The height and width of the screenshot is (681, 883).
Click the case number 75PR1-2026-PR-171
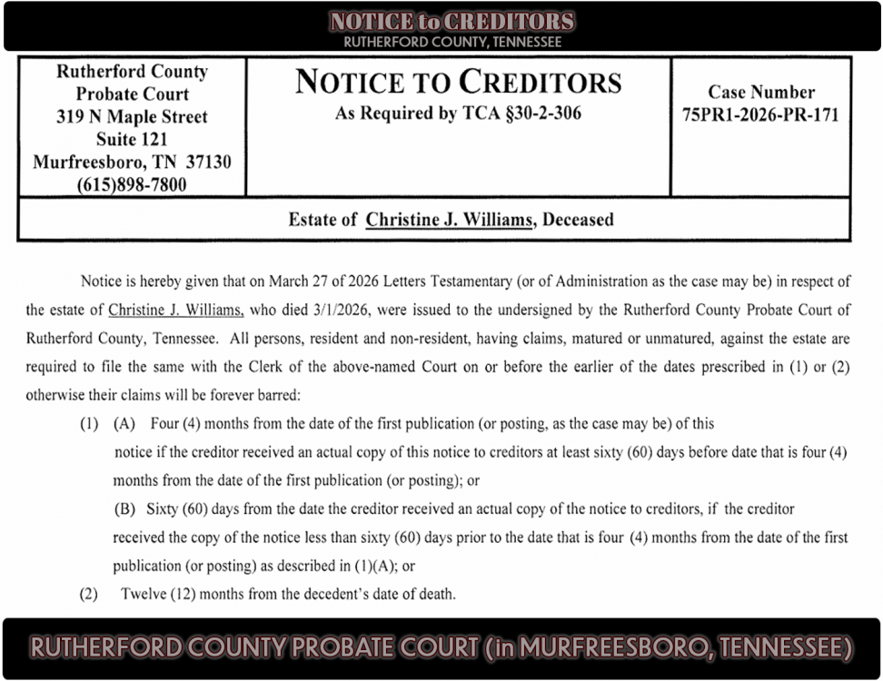pyautogui.click(x=760, y=115)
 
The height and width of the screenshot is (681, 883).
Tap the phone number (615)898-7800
pyautogui.click(x=133, y=185)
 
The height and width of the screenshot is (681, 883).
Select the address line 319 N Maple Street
pyautogui.click(x=133, y=117)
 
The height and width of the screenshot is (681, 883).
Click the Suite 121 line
pyautogui.click(x=133, y=140)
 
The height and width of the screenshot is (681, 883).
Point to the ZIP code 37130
pyautogui.click(x=208, y=163)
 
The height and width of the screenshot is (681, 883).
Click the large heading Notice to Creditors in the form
pyautogui.click(x=459, y=83)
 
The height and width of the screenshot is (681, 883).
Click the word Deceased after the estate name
pyautogui.click(x=578, y=220)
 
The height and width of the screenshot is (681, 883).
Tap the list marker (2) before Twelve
pyautogui.click(x=88, y=595)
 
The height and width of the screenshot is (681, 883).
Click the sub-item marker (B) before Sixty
pyautogui.click(x=124, y=509)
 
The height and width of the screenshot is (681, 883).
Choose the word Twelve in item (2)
pyautogui.click(x=144, y=595)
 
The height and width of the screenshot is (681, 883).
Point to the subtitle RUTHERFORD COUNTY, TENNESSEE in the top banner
pyautogui.click(x=452, y=42)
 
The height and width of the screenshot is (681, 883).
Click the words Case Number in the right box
pyautogui.click(x=761, y=93)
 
